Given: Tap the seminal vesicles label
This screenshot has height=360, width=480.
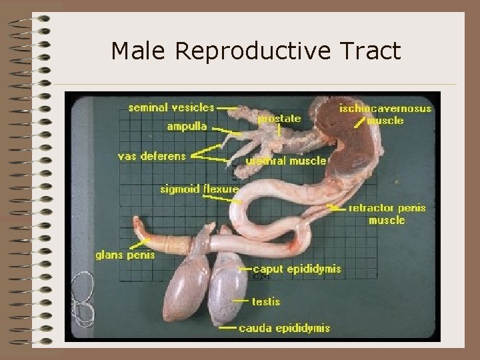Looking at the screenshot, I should pyautogui.click(x=171, y=107).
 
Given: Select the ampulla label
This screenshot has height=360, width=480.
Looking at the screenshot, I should pyautogui.click(x=187, y=126).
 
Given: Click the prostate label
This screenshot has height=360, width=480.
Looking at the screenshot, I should pyautogui.click(x=279, y=119).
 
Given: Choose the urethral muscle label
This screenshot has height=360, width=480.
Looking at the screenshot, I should pyautogui.click(x=286, y=160).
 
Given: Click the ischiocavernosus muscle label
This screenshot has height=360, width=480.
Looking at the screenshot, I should pyautogui.click(x=385, y=114).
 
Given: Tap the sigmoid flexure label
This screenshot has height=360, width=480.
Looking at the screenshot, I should pyautogui.click(x=199, y=189).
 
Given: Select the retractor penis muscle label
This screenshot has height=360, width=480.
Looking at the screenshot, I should pyautogui.click(x=387, y=213).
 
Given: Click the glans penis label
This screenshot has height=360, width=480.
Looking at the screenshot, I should pyautogui.click(x=125, y=255).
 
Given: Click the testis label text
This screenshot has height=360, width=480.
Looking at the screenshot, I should pyautogui.click(x=266, y=302).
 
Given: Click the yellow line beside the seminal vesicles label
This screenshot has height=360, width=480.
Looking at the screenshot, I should pyautogui.click(x=227, y=107).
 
